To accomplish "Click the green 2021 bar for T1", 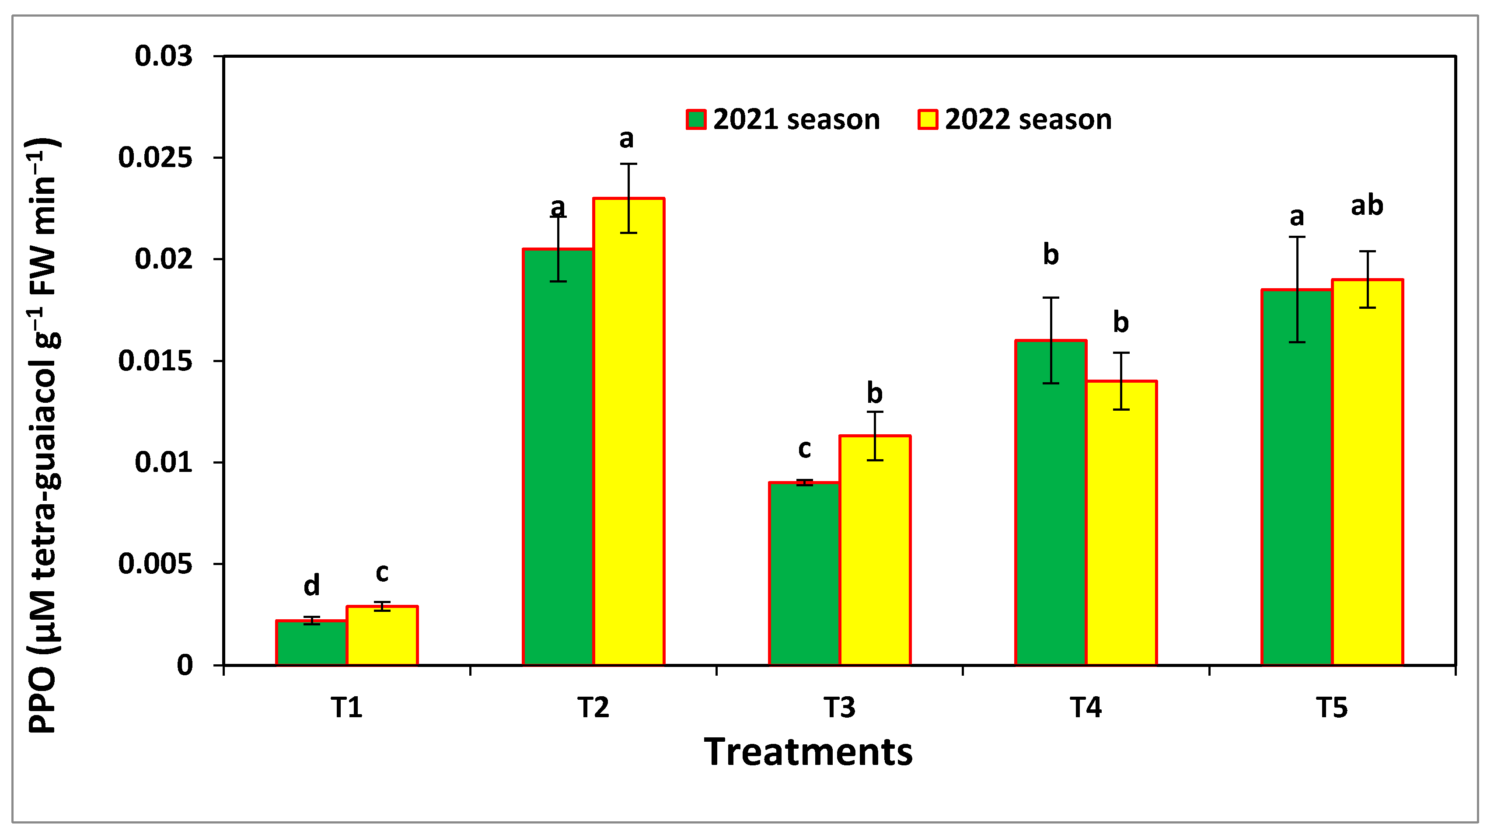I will click(311, 643).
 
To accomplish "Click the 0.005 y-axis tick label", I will click(155, 564).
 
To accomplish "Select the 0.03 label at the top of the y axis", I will click(164, 56).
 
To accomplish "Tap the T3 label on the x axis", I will click(839, 708).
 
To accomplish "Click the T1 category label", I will click(346, 708).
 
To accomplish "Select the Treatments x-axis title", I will click(808, 752).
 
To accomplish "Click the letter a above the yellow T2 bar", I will click(626, 139).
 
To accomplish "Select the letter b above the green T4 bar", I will click(1051, 255).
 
